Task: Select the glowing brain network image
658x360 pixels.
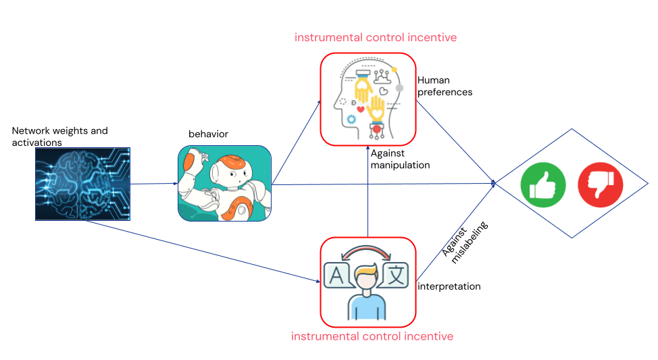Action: (82, 184)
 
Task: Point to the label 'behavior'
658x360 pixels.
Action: (208, 134)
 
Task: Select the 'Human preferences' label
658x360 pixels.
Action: (445, 86)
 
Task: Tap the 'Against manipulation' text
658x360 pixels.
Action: (400, 159)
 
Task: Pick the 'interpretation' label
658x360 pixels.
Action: (449, 286)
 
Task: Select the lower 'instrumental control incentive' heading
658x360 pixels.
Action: (372, 336)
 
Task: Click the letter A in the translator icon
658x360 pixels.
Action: (336, 274)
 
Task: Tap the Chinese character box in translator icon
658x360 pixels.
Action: (396, 275)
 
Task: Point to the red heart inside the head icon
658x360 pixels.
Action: (361, 109)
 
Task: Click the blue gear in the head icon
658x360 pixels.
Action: (351, 119)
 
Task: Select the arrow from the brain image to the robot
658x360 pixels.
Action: (153, 184)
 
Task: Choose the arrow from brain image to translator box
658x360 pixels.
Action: (203, 251)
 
